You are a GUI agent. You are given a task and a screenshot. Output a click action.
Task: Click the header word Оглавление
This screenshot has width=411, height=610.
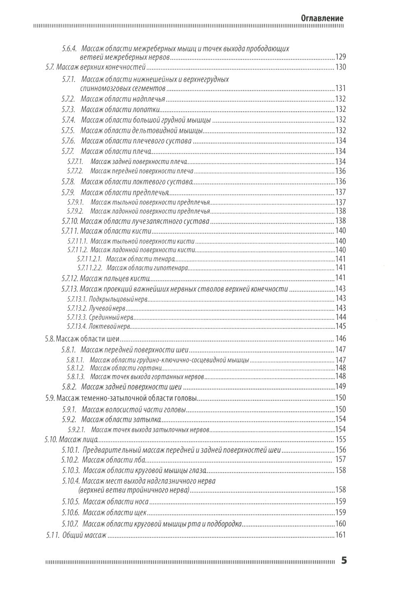tap(322, 18)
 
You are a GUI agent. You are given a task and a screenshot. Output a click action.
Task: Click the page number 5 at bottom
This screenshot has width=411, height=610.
tap(344, 561)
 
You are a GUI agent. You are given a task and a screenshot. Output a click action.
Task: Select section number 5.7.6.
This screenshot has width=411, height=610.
tap(68, 141)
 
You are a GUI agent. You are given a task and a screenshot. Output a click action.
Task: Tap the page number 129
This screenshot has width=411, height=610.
tap(341, 57)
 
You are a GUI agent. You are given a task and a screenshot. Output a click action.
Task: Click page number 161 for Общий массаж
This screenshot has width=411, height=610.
tap(341, 535)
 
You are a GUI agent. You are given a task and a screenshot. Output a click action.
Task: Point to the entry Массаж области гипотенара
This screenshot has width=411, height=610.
tap(147, 268)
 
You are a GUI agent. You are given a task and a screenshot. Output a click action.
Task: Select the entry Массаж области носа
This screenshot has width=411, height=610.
tap(115, 501)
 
